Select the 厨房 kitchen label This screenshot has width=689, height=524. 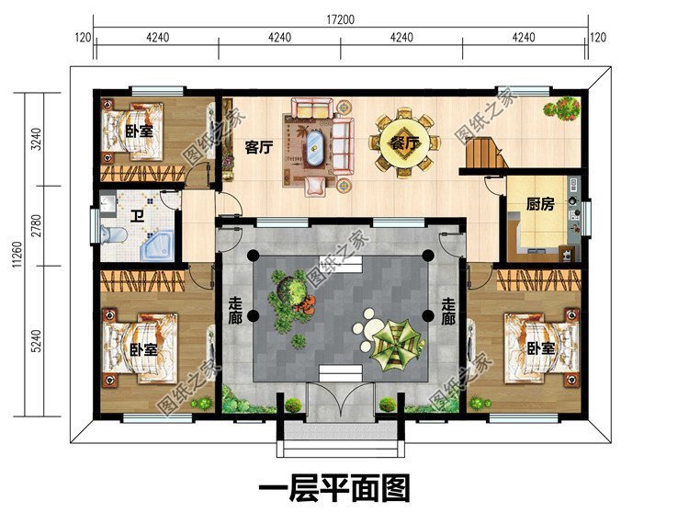[540, 204]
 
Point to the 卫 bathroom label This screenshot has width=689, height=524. [135, 217]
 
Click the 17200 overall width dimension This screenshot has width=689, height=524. [341, 18]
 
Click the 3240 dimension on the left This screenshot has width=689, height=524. [36, 139]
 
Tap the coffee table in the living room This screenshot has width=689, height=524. [315, 146]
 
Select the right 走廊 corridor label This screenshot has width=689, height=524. [447, 312]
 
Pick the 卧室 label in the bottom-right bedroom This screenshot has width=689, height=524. [541, 349]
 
